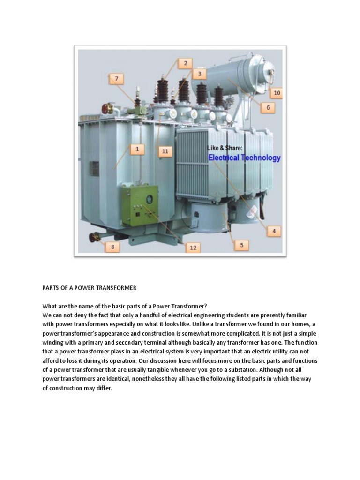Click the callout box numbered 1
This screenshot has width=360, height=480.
[137, 149]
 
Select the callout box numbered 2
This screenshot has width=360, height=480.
[185, 63]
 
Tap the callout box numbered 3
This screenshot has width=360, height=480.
[199, 74]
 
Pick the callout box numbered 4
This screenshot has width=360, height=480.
[274, 231]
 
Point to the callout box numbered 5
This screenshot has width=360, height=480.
[241, 245]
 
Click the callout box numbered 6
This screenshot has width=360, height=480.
[268, 107]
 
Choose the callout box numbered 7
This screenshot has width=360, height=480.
[117, 79]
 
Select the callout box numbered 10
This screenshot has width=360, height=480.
[277, 93]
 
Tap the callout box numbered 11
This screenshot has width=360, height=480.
[165, 151]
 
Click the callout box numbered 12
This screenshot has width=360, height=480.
[193, 247]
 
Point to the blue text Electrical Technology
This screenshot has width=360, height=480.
[244, 158]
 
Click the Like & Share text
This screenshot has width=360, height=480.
[225, 148]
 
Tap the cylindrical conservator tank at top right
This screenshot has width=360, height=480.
[234, 77]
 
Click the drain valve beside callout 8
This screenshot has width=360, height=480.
[95, 238]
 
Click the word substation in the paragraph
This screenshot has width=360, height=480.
[257, 370]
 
